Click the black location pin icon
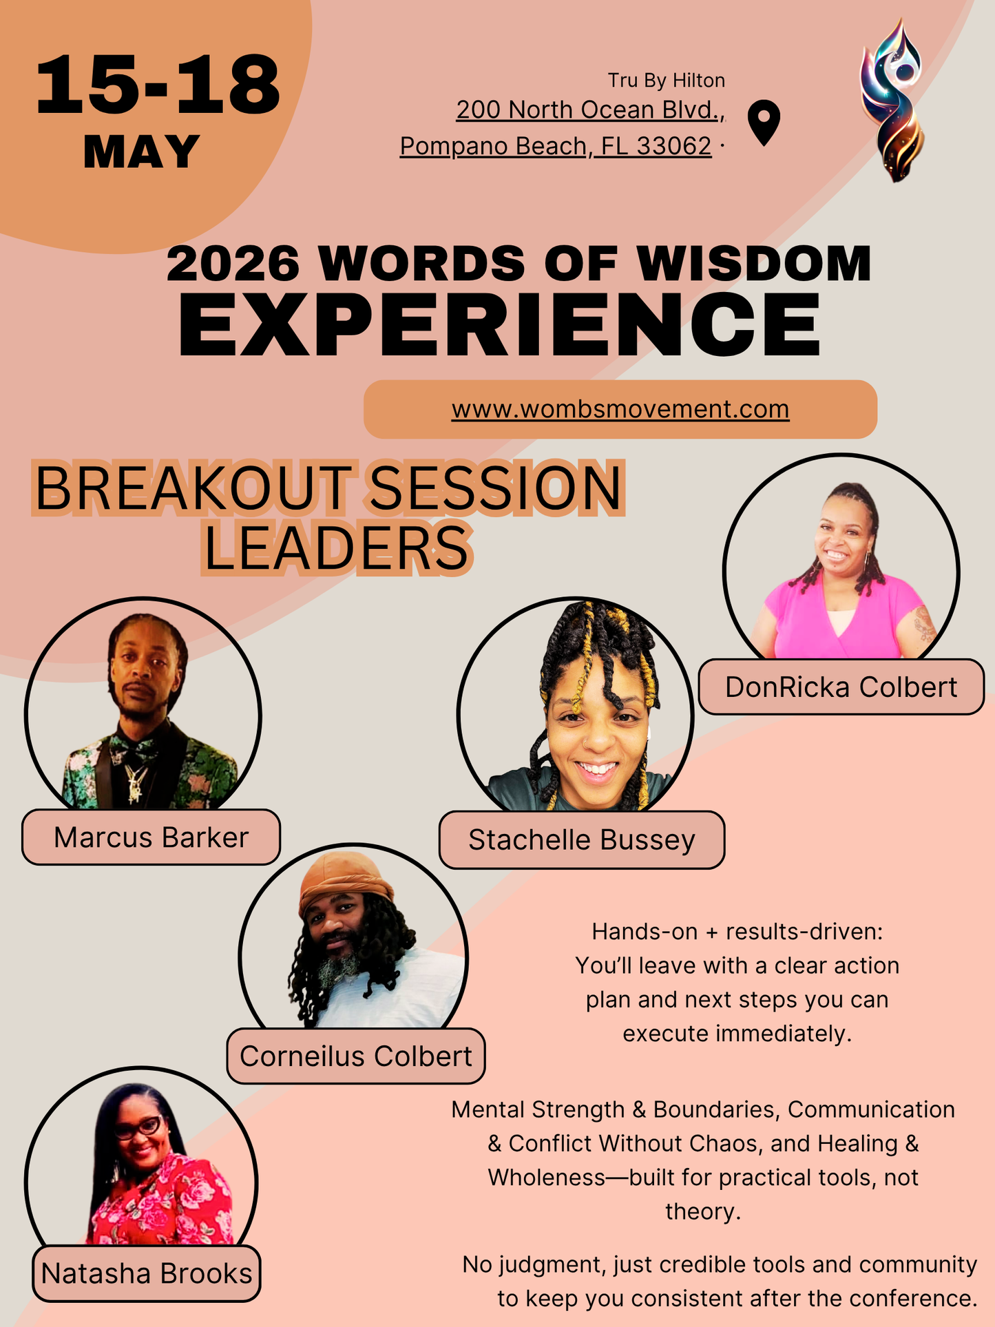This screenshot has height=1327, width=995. click(764, 121)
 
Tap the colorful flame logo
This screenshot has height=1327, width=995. click(892, 100)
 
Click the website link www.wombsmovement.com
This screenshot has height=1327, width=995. click(620, 409)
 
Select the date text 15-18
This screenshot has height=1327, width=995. click(158, 86)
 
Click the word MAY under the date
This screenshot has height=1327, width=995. click(141, 151)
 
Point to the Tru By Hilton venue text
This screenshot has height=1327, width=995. click(666, 81)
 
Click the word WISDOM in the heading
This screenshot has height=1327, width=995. click(754, 263)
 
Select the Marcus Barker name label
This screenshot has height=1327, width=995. click(151, 837)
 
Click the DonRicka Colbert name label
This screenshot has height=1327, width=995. click(841, 687)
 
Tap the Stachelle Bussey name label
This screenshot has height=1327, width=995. click(582, 840)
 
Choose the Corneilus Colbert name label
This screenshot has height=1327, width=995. click(355, 1056)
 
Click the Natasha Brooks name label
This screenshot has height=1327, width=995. click(147, 1273)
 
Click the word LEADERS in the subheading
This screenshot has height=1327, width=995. click(337, 549)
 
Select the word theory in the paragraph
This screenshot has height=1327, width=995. click(702, 1211)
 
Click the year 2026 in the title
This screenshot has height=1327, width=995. click(233, 263)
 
